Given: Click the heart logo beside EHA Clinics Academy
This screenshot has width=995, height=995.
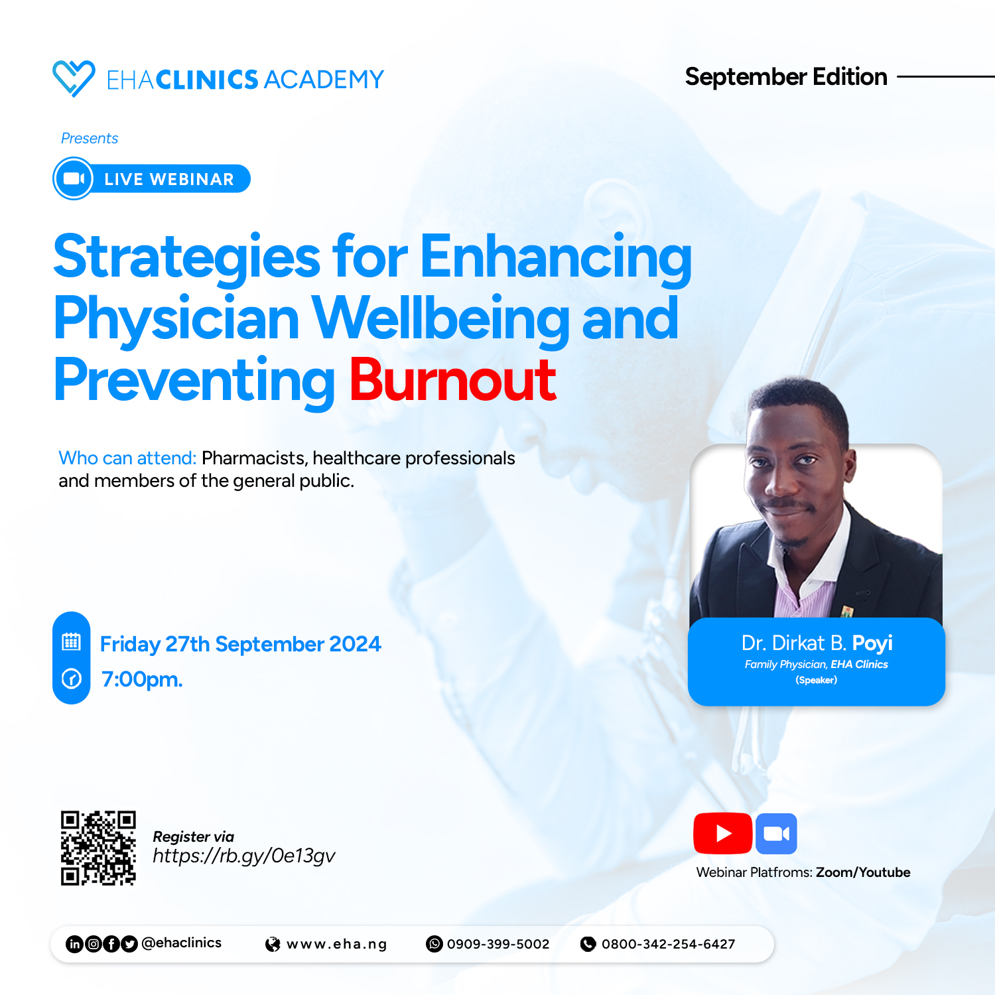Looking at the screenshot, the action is (x=74, y=78).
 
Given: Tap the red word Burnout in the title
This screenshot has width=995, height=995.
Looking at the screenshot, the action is (x=453, y=380).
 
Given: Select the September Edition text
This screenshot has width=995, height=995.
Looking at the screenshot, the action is (x=786, y=77).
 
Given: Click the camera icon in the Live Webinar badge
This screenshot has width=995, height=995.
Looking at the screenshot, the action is (x=74, y=178).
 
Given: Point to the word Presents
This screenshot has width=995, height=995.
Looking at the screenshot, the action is (x=90, y=138).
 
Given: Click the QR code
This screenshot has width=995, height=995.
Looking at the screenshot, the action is (x=98, y=848).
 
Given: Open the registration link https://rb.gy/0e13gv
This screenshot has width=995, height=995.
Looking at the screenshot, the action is (x=243, y=856).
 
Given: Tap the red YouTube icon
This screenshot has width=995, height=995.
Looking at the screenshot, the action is (x=722, y=833).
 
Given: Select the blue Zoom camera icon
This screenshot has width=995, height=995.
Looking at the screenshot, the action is (x=776, y=833).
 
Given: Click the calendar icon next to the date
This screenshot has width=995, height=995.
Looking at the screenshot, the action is (x=71, y=641).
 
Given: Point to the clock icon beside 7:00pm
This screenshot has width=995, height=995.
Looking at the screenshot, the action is (x=71, y=679).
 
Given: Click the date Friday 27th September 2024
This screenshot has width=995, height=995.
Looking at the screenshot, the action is (x=240, y=644).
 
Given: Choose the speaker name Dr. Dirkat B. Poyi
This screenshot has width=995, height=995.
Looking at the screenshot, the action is (x=817, y=643).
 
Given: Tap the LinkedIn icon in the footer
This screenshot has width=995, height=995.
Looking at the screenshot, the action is (x=75, y=944).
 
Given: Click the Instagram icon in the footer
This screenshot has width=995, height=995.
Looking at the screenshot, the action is (x=94, y=944).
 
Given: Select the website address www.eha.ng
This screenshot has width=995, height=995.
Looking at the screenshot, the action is (x=336, y=944).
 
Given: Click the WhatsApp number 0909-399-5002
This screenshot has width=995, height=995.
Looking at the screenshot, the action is (x=498, y=944).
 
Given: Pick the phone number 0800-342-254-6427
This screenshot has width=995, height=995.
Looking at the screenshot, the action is (x=669, y=944).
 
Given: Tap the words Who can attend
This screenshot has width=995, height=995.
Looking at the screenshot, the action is (x=127, y=458).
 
